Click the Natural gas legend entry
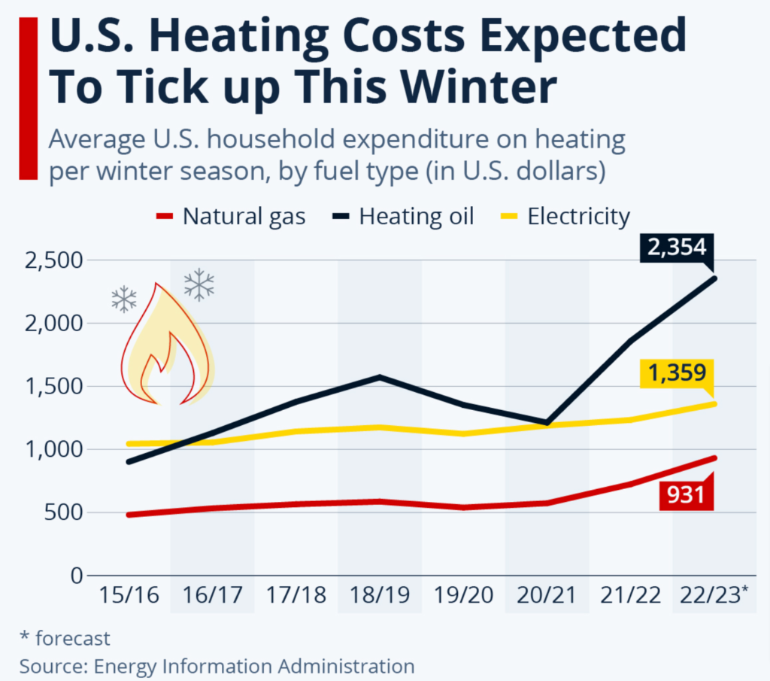pos(231,217)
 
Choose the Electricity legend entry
pos(565,217)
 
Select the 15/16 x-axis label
pos(129,595)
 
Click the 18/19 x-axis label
pos(380,595)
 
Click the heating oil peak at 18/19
pos(380,376)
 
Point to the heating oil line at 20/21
pos(547,423)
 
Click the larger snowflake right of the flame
pos(199,284)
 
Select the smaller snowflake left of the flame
pos(124,299)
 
